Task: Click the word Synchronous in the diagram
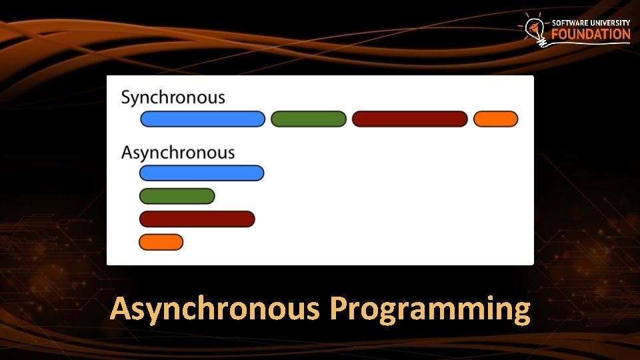click(173, 98)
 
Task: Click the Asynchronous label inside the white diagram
click(178, 153)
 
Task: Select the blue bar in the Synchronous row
click(203, 119)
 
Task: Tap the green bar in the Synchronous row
click(309, 119)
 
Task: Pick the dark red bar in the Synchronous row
click(410, 119)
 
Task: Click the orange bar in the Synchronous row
click(495, 119)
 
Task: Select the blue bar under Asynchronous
click(201, 173)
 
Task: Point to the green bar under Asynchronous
click(177, 196)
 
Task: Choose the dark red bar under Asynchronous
click(197, 219)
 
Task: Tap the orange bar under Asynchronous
click(161, 242)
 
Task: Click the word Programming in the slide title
click(430, 309)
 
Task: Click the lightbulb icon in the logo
click(535, 30)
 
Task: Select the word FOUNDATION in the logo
click(591, 34)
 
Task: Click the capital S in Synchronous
click(126, 97)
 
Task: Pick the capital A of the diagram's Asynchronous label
click(127, 153)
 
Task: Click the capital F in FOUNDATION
click(555, 34)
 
